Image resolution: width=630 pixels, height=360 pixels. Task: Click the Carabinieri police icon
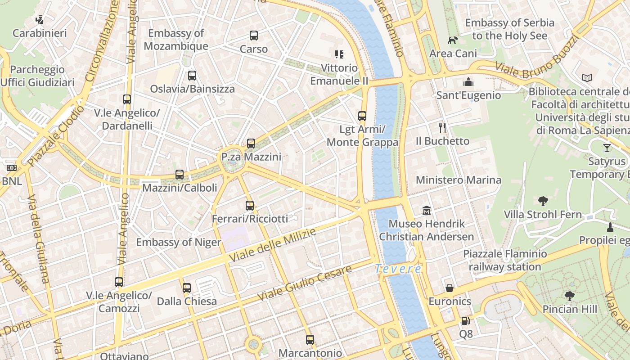click(40, 20)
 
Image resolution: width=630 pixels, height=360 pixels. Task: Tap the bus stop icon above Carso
click(254, 36)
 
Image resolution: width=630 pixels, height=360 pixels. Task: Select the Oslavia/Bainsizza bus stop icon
click(192, 76)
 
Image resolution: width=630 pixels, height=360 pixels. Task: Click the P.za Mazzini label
click(251, 157)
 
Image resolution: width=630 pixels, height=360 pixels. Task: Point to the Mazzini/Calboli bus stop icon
click(180, 175)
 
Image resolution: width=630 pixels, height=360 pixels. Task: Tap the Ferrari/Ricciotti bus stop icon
click(250, 206)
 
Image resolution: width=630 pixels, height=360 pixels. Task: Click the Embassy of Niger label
click(179, 243)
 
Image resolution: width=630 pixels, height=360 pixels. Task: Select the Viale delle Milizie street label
click(273, 245)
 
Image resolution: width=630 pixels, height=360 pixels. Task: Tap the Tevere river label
click(398, 269)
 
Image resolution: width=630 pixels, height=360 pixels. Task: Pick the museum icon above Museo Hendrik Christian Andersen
click(426, 210)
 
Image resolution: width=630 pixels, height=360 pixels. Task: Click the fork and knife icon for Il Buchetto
click(442, 128)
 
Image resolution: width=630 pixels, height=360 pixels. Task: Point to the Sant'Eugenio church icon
click(468, 82)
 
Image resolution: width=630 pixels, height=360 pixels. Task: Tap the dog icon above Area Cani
click(453, 40)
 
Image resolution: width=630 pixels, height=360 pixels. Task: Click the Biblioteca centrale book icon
click(587, 78)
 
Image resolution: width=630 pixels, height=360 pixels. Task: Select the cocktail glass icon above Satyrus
click(607, 148)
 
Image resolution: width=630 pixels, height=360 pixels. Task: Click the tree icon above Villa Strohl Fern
click(543, 201)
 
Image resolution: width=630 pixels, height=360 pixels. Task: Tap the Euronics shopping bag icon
click(450, 288)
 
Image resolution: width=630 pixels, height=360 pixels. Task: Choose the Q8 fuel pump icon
click(466, 321)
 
